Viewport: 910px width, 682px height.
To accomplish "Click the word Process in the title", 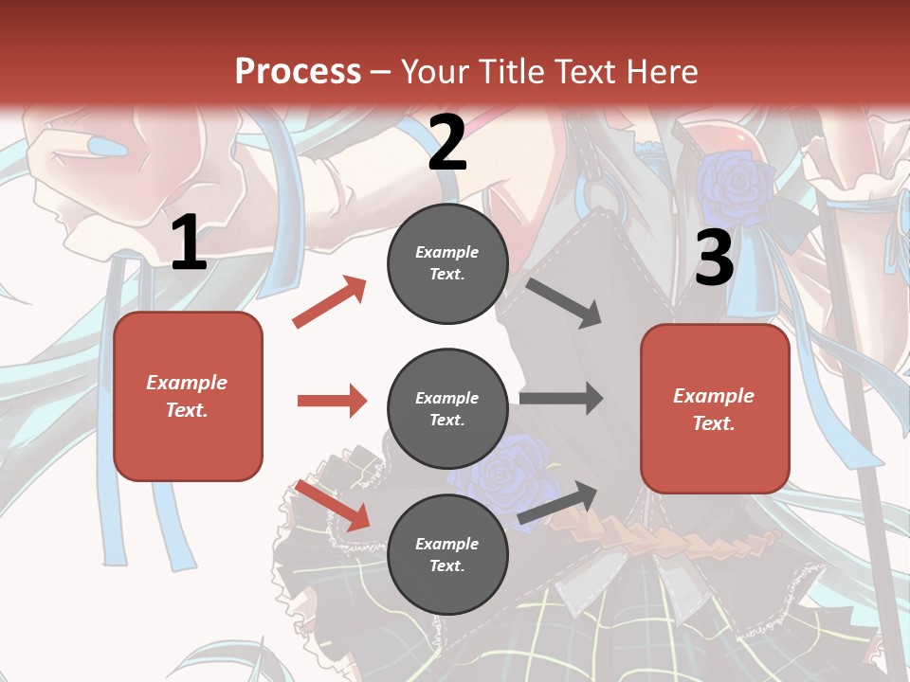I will (298, 72).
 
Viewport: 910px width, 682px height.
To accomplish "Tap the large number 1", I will (189, 243).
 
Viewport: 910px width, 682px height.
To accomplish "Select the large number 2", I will (447, 143).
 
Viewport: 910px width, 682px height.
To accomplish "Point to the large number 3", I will (714, 258).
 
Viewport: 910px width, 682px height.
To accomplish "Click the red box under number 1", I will (188, 396).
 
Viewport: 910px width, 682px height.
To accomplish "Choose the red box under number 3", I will (715, 408).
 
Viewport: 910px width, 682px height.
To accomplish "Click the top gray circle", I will (447, 263).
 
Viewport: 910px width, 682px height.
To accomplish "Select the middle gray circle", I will (447, 408).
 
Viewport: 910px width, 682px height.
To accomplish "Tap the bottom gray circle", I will (447, 554).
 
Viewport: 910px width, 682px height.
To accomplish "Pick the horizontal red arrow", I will (332, 401).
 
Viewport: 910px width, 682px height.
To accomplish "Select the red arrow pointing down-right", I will (333, 505).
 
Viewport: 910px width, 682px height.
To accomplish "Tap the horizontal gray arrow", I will (561, 399).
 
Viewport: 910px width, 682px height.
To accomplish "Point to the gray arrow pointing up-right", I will (557, 503).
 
